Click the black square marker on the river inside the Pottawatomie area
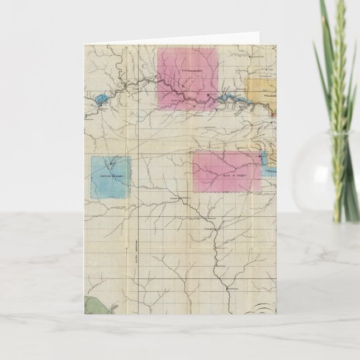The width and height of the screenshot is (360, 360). tap(209, 96)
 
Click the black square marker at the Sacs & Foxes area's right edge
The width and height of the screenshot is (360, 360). tap(260, 163)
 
